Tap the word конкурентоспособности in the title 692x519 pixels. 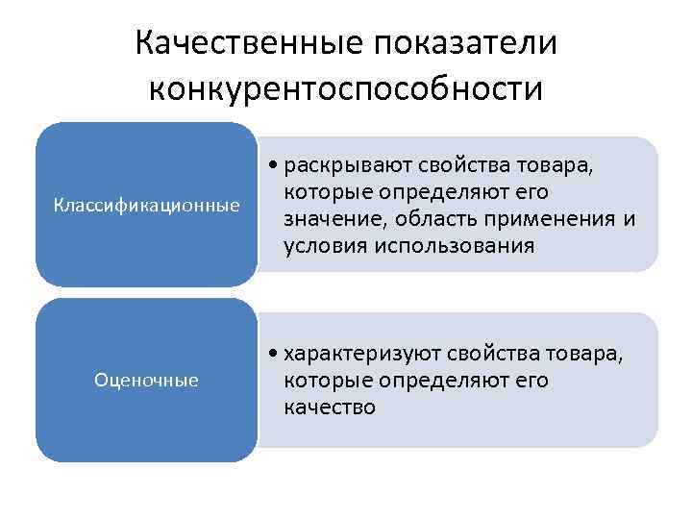[x=346, y=88]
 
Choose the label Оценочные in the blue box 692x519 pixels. [x=147, y=381]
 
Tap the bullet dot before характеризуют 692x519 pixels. [x=275, y=355]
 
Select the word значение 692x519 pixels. [x=331, y=219]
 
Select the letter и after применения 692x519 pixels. [x=630, y=219]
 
